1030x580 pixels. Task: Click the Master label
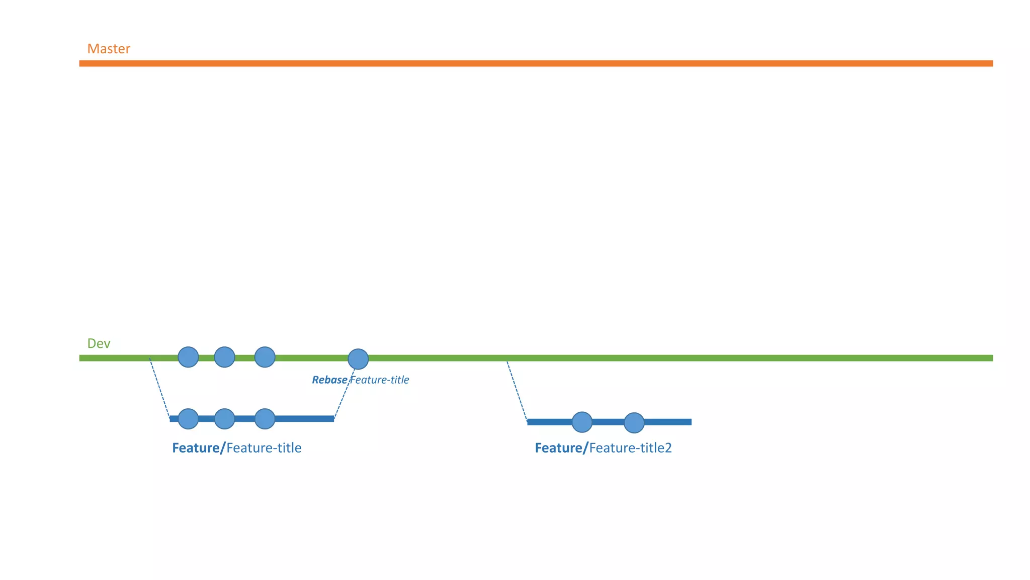[109, 49]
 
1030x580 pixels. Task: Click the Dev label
[99, 343]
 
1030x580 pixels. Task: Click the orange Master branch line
[536, 63]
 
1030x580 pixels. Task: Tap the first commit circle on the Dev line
[188, 357]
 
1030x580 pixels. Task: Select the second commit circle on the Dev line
[224, 357]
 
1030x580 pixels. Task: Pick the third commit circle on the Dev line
[265, 357]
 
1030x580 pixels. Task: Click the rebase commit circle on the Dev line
[358, 359]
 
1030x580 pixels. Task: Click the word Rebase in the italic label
[329, 380]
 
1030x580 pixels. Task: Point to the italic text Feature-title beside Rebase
[380, 380]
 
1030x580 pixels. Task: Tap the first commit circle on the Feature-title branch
[188, 419]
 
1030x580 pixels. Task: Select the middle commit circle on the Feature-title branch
[224, 419]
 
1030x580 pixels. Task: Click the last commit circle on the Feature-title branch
[265, 419]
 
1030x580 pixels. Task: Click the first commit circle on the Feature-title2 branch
[582, 422]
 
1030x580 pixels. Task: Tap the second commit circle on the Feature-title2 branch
[634, 423]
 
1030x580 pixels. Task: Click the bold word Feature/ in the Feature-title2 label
[561, 448]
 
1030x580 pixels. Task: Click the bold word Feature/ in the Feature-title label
[199, 448]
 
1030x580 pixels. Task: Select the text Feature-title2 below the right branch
[631, 448]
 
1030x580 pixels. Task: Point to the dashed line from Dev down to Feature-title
[159, 388]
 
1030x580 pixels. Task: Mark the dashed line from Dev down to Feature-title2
[517, 391]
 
